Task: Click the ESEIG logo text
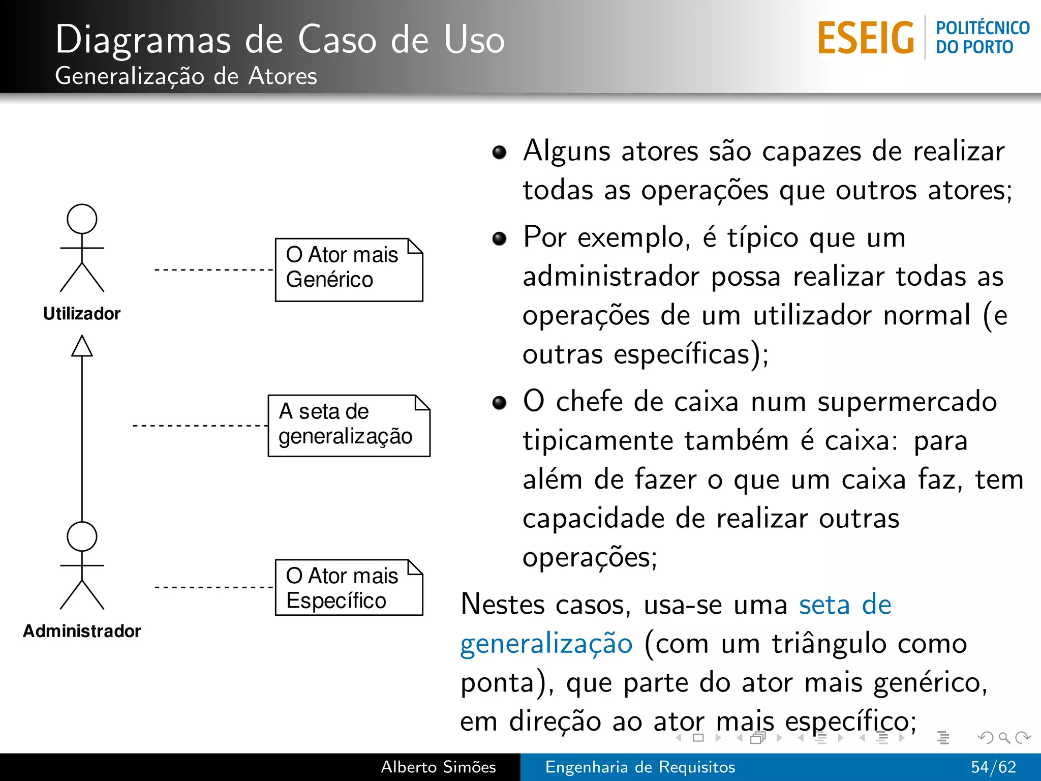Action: click(x=866, y=38)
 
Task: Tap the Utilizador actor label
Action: click(x=82, y=314)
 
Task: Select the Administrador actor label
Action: click(x=82, y=631)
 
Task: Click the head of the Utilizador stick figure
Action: click(x=82, y=219)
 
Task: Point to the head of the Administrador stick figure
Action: click(x=82, y=536)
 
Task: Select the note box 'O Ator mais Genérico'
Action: click(x=349, y=269)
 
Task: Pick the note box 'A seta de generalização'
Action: click(x=349, y=425)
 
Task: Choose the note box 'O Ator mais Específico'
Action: click(x=349, y=587)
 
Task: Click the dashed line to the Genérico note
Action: click(x=213, y=269)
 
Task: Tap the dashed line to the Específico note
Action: click(x=213, y=587)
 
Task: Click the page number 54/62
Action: click(x=993, y=767)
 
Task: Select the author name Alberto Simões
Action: click(x=438, y=767)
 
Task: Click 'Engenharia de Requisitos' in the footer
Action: click(x=640, y=767)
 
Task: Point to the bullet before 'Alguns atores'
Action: click(x=500, y=152)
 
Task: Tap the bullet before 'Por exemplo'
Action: click(x=500, y=238)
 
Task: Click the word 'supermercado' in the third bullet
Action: click(x=907, y=402)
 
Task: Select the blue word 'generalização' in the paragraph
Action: click(x=546, y=644)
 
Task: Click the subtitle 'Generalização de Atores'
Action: click(x=186, y=76)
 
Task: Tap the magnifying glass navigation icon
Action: click(x=1004, y=737)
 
